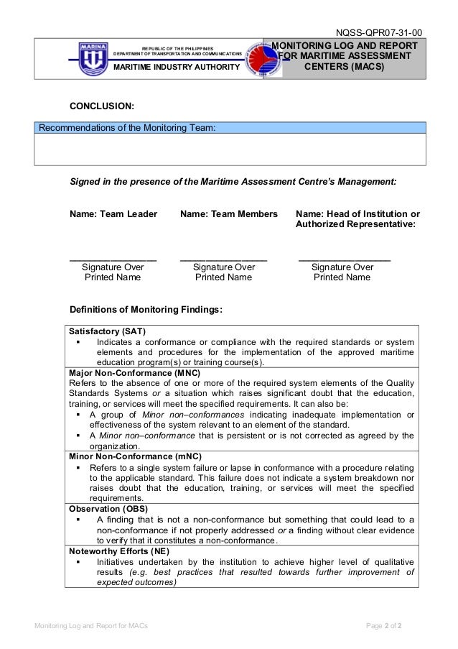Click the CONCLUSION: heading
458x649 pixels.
click(x=101, y=106)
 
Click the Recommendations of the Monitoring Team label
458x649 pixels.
click(x=126, y=128)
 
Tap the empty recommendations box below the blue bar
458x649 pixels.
click(x=230, y=149)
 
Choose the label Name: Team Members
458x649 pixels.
click(x=228, y=214)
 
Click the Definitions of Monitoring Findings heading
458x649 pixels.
click(x=146, y=310)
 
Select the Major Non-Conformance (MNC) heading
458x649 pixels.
click(x=134, y=373)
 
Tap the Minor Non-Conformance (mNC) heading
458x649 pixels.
click(x=135, y=456)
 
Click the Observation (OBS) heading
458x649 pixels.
click(x=108, y=508)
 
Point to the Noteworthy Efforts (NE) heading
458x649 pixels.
click(x=118, y=550)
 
